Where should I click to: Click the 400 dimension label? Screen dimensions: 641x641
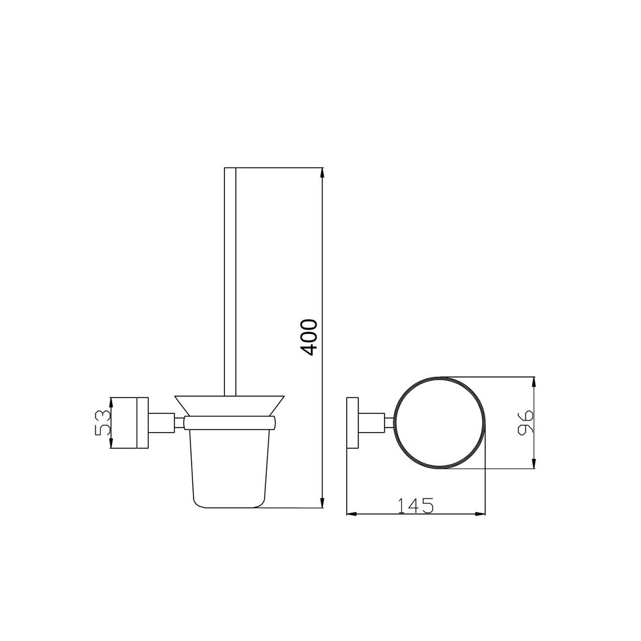[308, 338]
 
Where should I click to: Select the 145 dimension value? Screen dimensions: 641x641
[415, 506]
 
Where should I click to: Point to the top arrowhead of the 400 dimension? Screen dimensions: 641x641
[322, 173]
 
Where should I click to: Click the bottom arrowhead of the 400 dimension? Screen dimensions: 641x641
[322, 503]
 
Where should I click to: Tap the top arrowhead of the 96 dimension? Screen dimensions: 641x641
[533, 382]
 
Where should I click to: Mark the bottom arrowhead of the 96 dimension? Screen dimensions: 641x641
[533, 463]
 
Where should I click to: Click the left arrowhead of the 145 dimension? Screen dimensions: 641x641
[352, 513]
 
